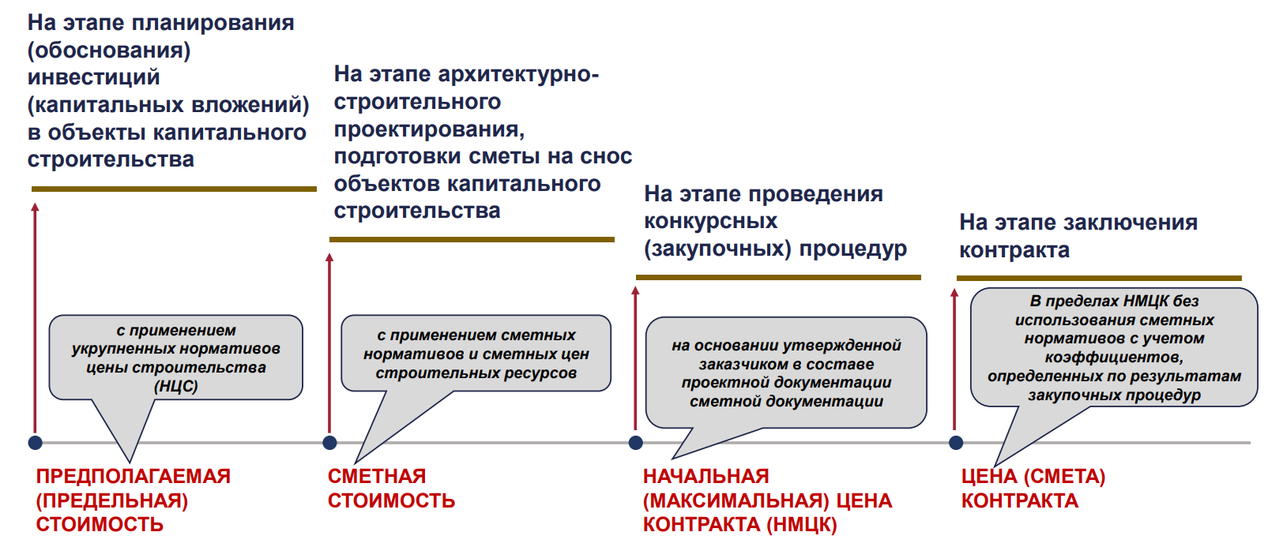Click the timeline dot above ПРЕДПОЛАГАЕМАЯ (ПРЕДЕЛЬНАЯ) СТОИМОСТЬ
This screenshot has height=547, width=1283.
pos(36,442)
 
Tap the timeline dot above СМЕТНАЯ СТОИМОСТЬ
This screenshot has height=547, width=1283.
pos(330,442)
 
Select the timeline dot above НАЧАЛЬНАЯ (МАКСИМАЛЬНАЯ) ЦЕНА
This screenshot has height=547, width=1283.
pos(636,442)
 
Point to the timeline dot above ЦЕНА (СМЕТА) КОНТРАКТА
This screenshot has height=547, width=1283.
pos(956,442)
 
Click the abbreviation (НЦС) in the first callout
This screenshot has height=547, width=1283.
pos(176,386)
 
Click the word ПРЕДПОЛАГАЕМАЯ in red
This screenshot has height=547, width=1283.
pos(134,476)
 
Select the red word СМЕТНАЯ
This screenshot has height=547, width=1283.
pos(377,476)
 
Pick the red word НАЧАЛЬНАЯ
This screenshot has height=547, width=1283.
pos(706,476)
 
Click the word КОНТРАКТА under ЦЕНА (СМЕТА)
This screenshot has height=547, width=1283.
pos(1019,500)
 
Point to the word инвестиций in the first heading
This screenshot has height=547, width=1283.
pos(94,77)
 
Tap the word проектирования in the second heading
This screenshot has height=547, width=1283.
pos(429,129)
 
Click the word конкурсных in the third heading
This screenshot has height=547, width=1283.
pos(711,221)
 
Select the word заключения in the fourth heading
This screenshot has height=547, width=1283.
pos(1128,222)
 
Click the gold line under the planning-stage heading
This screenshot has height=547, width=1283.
pos(174,189)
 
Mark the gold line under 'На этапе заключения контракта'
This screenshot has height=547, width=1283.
pos(1099,278)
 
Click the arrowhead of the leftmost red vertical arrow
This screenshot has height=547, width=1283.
pos(35,207)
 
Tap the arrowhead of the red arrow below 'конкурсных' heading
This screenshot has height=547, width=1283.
pos(635,290)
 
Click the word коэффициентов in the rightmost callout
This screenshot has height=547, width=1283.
pos(1114,358)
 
